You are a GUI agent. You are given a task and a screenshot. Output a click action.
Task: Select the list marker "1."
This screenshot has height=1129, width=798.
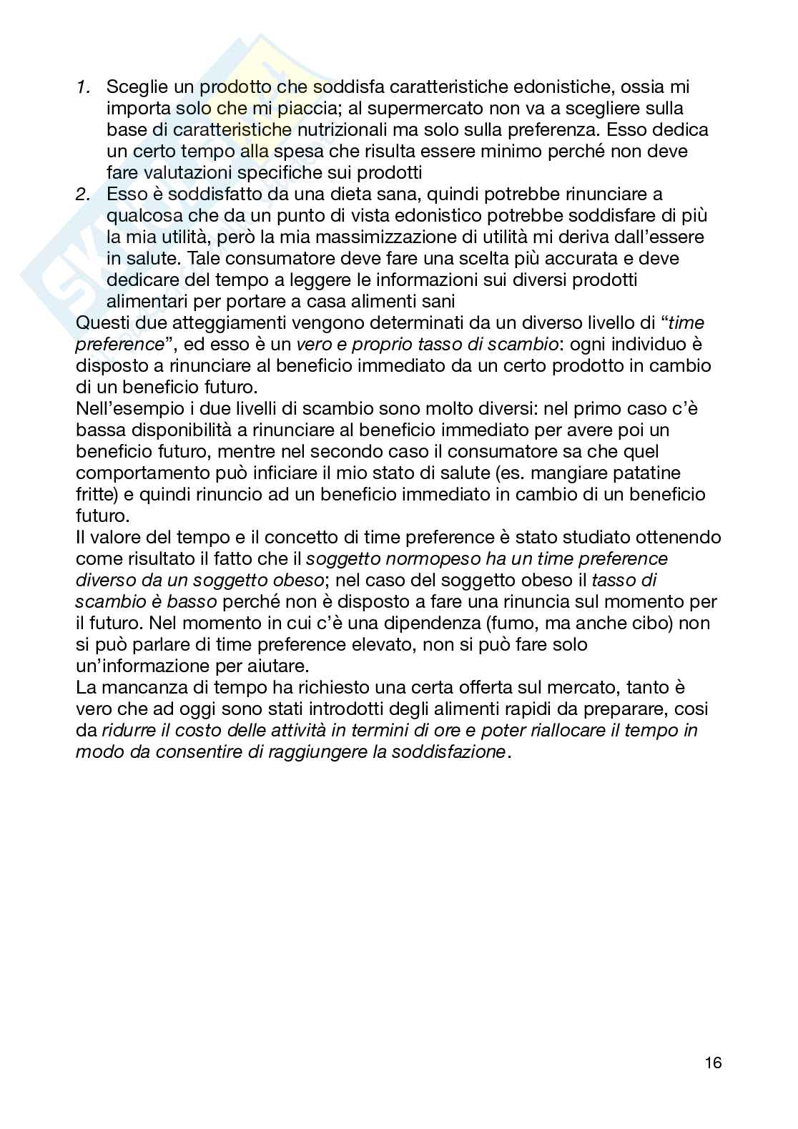coord(84,87)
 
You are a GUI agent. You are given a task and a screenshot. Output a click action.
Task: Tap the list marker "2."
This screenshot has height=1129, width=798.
coord(84,194)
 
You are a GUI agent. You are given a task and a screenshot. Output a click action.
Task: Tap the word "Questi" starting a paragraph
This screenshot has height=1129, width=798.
coord(99,322)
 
